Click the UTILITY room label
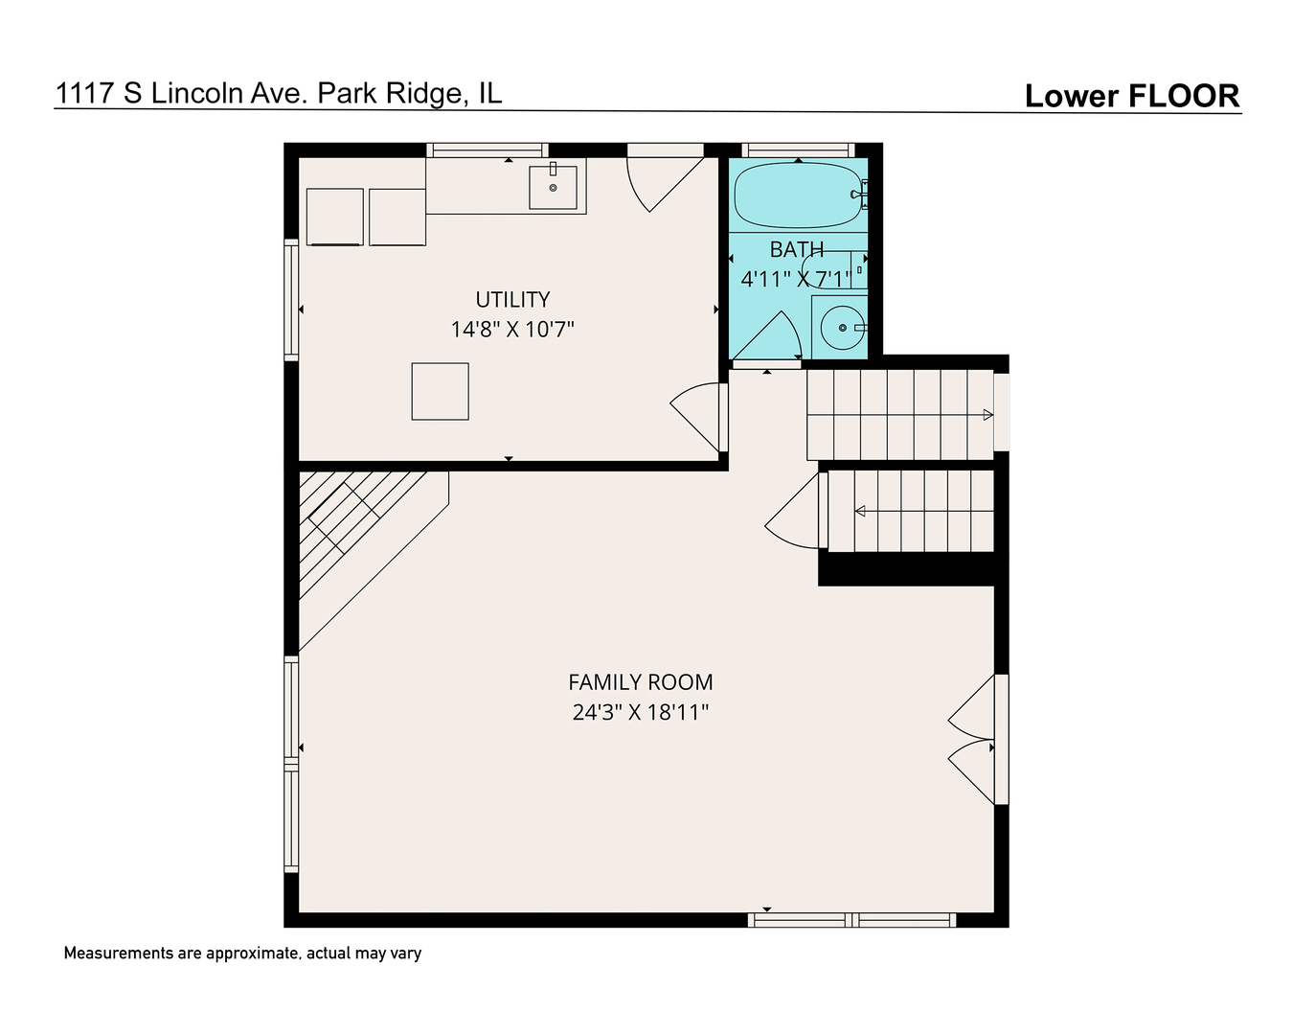pyautogui.click(x=512, y=299)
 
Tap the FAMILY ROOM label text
pyautogui.click(x=640, y=682)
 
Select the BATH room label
pyautogui.click(x=796, y=249)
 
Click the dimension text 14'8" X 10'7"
pyautogui.click(x=512, y=330)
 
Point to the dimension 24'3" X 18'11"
pyautogui.click(x=640, y=712)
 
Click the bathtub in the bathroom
pyautogui.click(x=798, y=195)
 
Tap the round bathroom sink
pyautogui.click(x=842, y=328)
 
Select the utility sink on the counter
pyautogui.click(x=554, y=188)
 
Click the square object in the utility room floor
pyautogui.click(x=440, y=391)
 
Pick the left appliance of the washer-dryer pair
pyautogui.click(x=334, y=217)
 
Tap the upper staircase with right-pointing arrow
pyautogui.click(x=900, y=414)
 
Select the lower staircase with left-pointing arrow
pyautogui.click(x=910, y=511)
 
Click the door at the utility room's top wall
pyautogui.click(x=660, y=177)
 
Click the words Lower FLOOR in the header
pyautogui.click(x=1131, y=96)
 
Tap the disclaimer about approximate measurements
pyautogui.click(x=242, y=953)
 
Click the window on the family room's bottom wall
pyautogui.click(x=851, y=920)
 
